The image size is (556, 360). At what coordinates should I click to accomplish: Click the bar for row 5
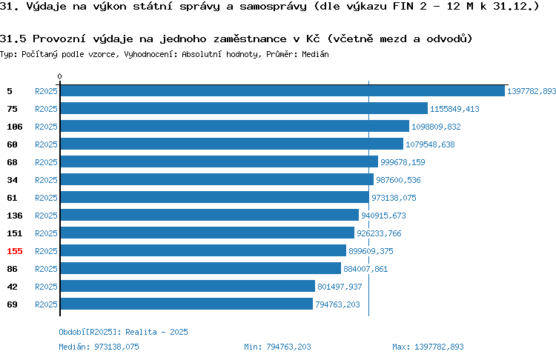(x=282, y=90)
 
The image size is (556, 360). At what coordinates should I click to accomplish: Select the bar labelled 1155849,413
(x=244, y=108)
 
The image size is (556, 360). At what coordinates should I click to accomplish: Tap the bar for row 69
(x=187, y=304)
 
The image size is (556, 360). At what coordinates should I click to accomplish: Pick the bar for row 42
(x=188, y=287)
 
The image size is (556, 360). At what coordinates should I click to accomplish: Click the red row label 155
(x=15, y=251)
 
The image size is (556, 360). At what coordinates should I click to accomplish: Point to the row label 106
(x=15, y=127)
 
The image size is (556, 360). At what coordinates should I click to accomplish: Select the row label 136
(x=15, y=216)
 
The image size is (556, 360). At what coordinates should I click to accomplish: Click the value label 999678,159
(x=403, y=162)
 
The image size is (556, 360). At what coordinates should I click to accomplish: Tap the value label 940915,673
(x=383, y=216)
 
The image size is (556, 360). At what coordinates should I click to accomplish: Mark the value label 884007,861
(x=365, y=269)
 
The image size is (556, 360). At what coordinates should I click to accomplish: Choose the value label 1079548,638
(x=430, y=144)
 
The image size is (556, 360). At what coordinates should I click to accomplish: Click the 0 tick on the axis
(x=59, y=76)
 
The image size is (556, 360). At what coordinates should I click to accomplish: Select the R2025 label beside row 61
(x=46, y=198)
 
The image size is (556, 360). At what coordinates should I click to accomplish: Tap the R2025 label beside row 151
(x=46, y=233)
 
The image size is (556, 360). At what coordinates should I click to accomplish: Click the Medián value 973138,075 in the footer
(x=116, y=347)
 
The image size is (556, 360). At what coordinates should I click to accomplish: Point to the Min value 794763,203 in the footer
(x=288, y=347)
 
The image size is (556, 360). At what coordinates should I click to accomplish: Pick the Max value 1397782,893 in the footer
(x=439, y=347)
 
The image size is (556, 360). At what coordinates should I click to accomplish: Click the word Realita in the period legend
(x=141, y=332)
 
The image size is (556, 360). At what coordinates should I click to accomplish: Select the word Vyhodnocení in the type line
(x=150, y=54)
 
